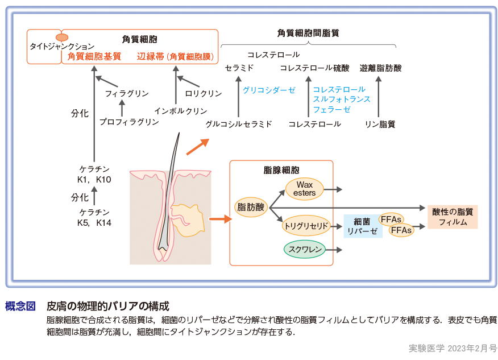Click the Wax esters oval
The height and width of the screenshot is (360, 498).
(x=304, y=189)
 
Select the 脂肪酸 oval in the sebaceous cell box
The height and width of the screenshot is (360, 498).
(x=251, y=208)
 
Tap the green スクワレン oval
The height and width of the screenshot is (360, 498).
(x=305, y=250)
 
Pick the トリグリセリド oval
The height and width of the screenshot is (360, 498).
(x=306, y=226)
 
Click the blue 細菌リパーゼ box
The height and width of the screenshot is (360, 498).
(x=363, y=226)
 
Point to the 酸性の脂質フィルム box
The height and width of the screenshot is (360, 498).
(x=453, y=217)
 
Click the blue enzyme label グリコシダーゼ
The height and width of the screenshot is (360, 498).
(x=269, y=90)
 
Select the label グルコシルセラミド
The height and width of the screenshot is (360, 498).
(x=239, y=124)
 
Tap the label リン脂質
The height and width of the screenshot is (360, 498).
(x=380, y=124)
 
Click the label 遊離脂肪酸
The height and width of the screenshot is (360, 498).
(x=380, y=68)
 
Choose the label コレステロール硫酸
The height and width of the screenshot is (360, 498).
(x=314, y=68)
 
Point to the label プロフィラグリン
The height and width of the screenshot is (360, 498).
(x=129, y=122)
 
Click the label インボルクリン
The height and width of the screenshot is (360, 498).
(x=181, y=111)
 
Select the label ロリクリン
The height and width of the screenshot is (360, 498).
(x=203, y=93)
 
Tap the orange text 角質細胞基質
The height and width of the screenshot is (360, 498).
(x=94, y=56)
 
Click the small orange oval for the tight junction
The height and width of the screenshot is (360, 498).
(x=61, y=38)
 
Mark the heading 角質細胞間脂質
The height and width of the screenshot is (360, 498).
(x=308, y=33)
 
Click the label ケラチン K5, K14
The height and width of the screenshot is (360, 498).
(x=94, y=217)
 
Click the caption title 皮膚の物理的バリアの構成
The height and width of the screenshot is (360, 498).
(x=107, y=306)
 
